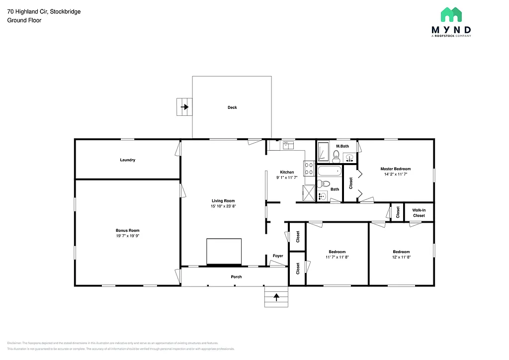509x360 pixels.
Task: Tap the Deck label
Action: pos(232,107)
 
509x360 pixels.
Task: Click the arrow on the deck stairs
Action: pos(185,107)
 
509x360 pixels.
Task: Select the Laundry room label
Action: pos(128,160)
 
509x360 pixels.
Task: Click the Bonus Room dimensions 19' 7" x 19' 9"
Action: pos(128,236)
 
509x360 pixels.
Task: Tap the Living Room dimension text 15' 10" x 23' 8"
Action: pos(223,206)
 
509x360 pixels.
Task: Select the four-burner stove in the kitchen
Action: pos(309,169)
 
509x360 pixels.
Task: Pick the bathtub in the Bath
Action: pos(330,172)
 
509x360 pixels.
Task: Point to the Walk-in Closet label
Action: pos(419,213)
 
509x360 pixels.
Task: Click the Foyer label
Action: pos(277,256)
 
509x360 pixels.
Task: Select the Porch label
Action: pos(237,276)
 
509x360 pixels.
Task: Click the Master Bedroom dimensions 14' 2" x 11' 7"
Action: pos(396,175)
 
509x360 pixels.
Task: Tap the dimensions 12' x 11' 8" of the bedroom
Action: pos(401,257)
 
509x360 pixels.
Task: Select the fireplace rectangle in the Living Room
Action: pos(224,252)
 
